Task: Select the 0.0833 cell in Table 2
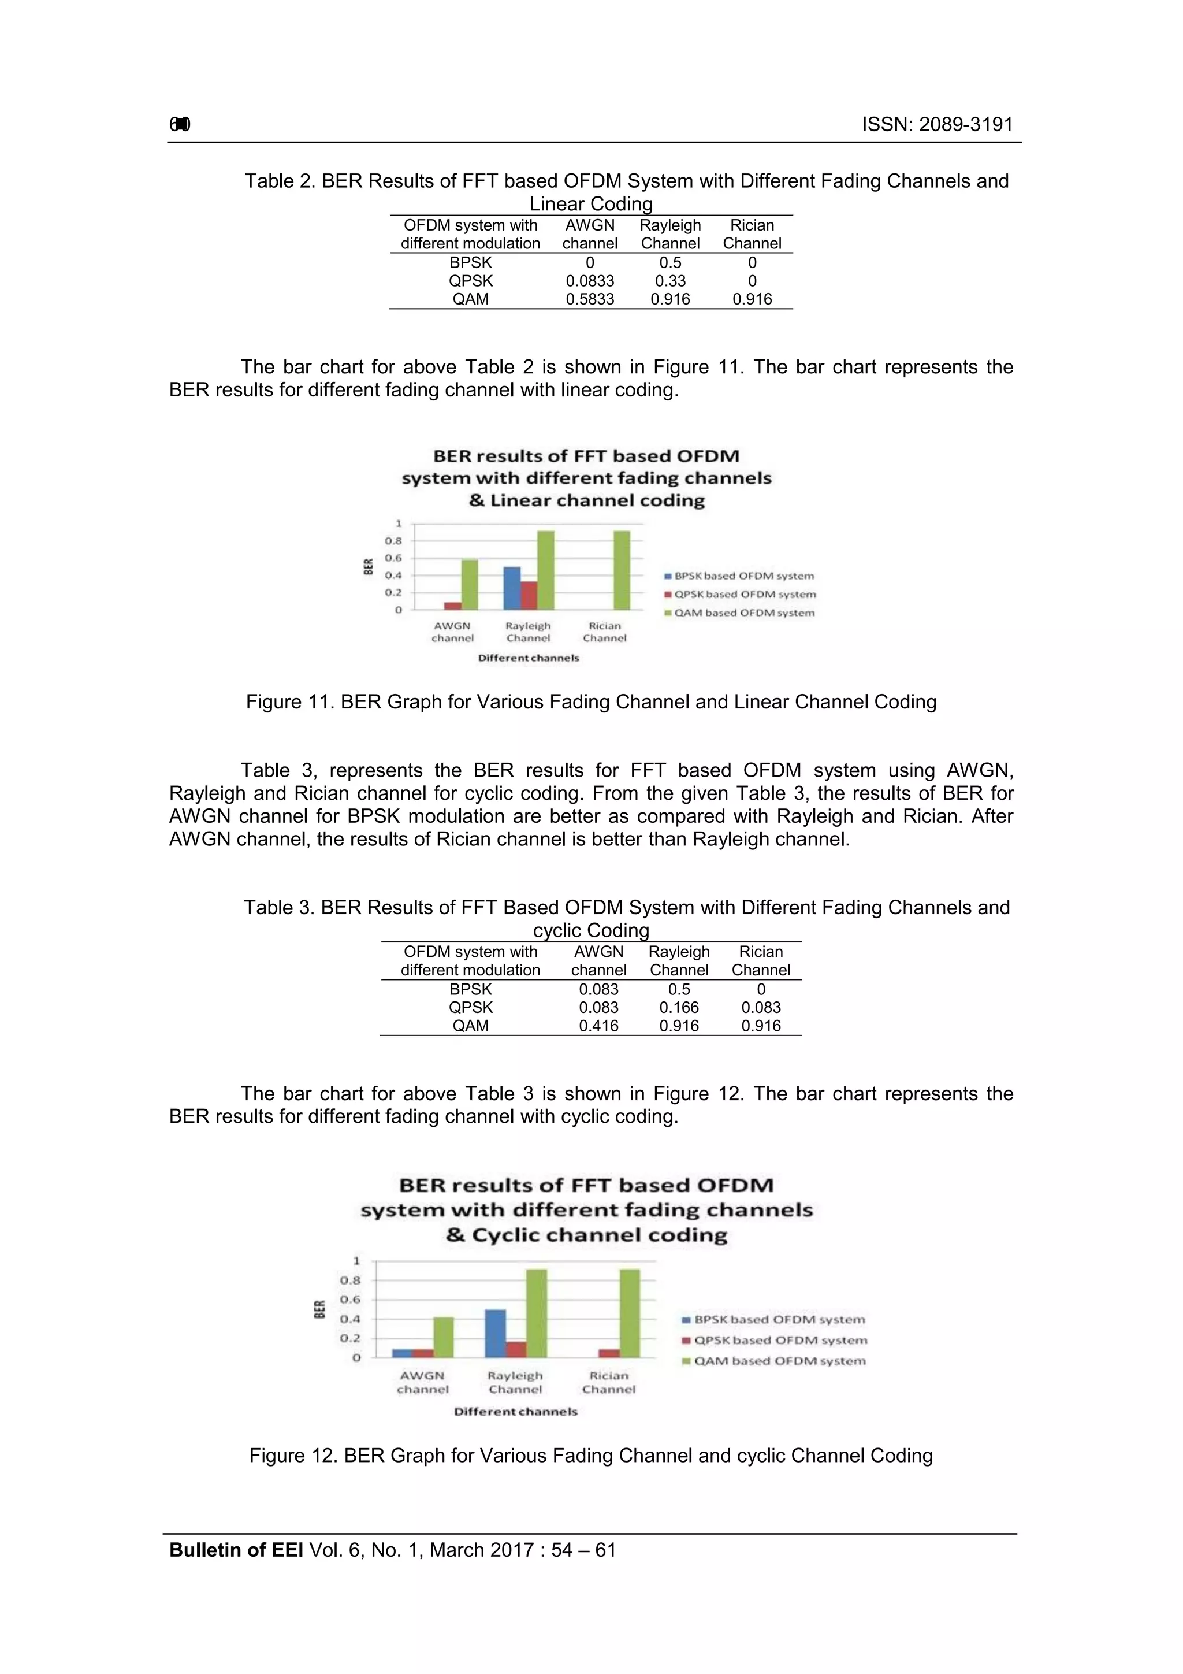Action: click(x=590, y=281)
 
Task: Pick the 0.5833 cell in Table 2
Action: click(x=590, y=299)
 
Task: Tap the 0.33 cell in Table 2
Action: click(x=670, y=281)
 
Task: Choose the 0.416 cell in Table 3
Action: click(x=598, y=1025)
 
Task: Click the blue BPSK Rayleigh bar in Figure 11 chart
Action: click(x=512, y=588)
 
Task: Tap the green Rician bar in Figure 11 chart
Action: click(x=621, y=570)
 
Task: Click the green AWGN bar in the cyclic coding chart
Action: click(x=443, y=1337)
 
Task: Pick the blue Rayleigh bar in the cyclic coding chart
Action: click(x=496, y=1332)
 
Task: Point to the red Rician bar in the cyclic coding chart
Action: click(x=609, y=1353)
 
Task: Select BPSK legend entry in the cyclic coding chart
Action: click(x=779, y=1319)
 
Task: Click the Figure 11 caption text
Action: click(x=590, y=701)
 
